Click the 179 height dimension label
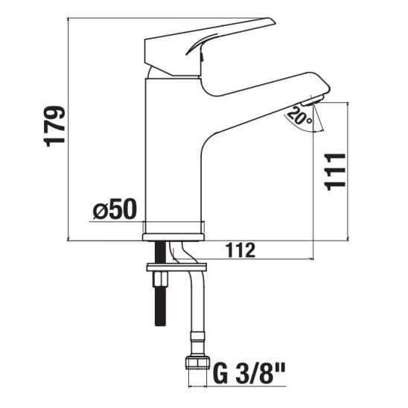click(54, 126)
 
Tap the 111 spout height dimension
click(335, 172)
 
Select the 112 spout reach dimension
click(240, 250)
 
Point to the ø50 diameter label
click(115, 208)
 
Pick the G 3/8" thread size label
click(249, 374)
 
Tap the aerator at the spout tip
click(313, 101)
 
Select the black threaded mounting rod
click(160, 284)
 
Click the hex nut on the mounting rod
click(160, 279)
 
